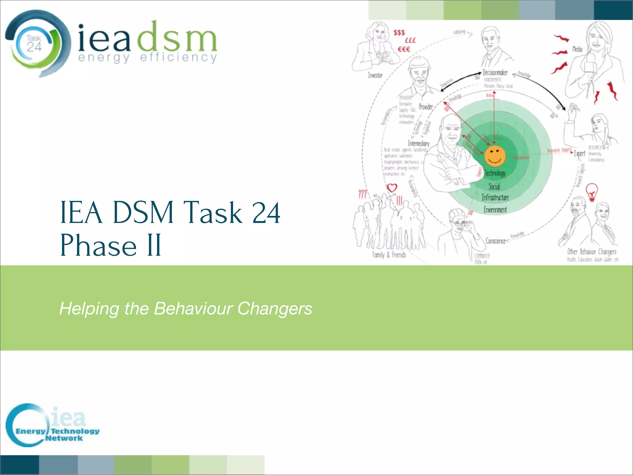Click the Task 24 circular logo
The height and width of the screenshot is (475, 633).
(34, 43)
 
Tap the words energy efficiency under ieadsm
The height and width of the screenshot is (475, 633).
(147, 58)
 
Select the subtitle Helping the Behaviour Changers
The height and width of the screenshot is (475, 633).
(185, 309)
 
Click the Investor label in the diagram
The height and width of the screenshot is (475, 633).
(375, 75)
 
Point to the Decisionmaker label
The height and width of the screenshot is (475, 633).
(495, 73)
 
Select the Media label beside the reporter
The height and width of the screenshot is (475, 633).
(577, 49)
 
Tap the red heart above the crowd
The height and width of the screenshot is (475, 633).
(392, 188)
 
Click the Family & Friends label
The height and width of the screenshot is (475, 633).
(389, 255)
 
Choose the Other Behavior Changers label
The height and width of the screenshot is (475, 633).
(592, 251)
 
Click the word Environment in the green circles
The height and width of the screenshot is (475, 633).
(495, 210)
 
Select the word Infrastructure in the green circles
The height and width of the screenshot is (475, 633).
(495, 197)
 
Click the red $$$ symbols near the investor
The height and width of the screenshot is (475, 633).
(399, 33)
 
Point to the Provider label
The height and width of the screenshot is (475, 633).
(426, 107)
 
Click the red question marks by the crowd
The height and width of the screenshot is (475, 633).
(363, 195)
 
